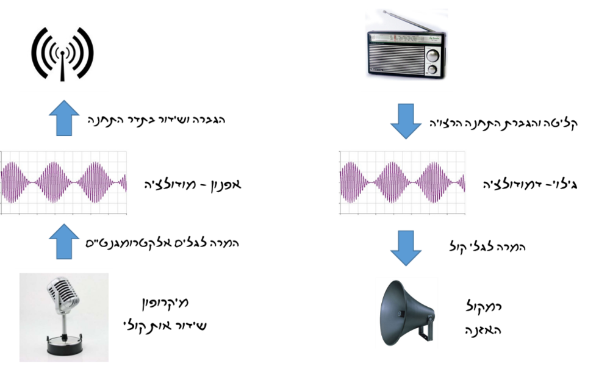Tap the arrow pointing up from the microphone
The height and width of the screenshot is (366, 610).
pos(63,242)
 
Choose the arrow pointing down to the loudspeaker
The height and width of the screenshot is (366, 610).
pos(406,247)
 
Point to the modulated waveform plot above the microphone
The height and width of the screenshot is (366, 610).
pos(64,182)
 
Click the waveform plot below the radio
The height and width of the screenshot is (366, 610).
pos(403,182)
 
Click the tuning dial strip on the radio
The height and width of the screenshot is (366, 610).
pos(400,40)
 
